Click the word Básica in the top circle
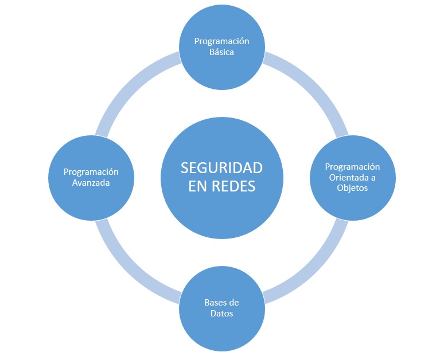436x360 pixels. (221, 52)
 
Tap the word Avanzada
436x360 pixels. (91, 183)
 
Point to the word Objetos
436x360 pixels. (352, 188)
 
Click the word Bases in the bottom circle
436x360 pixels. (215, 303)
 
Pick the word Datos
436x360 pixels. (221, 314)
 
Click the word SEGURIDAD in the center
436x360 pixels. (221, 168)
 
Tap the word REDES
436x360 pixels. (233, 186)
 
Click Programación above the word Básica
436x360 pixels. (221, 41)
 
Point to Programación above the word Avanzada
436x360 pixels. (91, 172)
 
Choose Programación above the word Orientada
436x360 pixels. (352, 167)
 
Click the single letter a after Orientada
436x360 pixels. (373, 178)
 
